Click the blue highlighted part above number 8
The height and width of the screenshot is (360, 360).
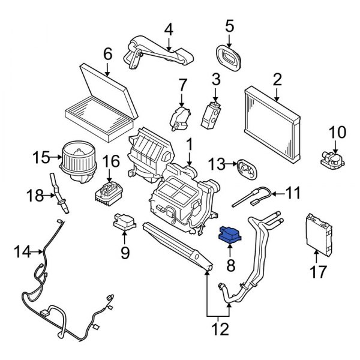click(230, 234)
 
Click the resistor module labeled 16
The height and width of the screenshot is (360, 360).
click(109, 193)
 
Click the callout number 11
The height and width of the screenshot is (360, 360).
click(292, 193)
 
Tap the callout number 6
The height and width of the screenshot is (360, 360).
click(107, 54)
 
